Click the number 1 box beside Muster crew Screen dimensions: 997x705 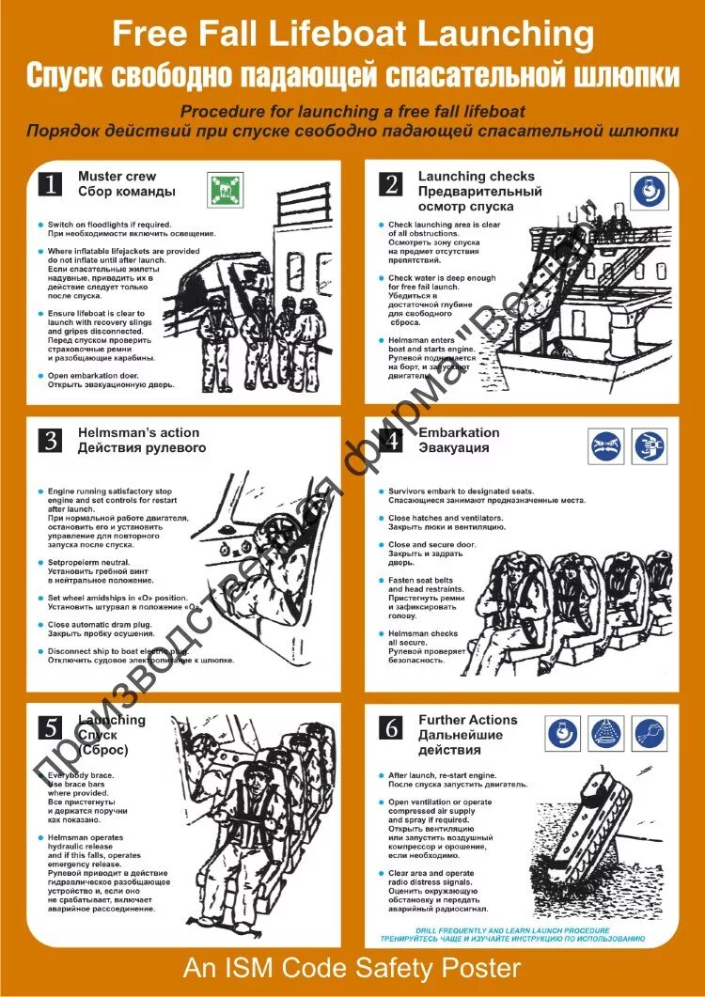49,183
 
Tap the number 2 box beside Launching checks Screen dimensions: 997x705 390,183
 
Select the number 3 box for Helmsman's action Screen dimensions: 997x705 49,440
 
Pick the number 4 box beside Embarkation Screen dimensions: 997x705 390,440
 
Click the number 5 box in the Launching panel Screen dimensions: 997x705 49,726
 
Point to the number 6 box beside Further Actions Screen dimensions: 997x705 390,726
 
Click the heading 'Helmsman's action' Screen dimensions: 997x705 138,433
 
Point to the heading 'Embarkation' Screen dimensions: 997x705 459,433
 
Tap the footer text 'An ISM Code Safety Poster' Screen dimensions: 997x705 352,967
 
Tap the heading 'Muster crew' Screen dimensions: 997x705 117,177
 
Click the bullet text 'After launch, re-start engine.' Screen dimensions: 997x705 443,775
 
